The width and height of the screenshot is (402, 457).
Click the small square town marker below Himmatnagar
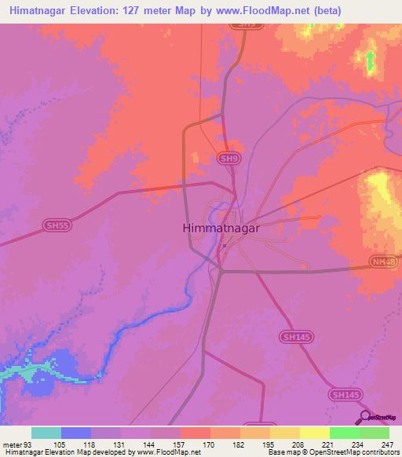point(224,245)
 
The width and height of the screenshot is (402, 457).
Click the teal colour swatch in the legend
point(46,433)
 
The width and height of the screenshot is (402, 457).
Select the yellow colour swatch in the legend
point(314,433)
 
